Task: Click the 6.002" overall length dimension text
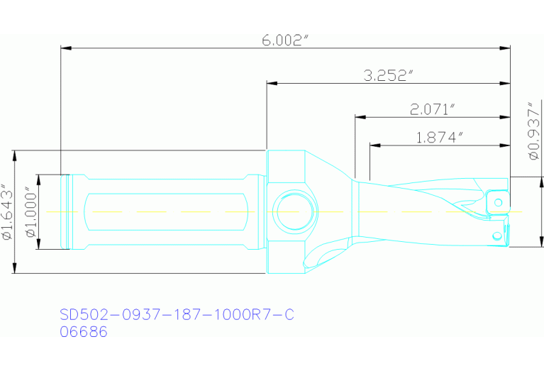coord(286,40)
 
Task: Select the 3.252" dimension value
coord(388,75)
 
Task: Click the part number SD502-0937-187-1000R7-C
coord(176,315)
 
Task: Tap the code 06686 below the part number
coord(84,331)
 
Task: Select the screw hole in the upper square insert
coord(499,203)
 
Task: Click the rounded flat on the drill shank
coord(167,211)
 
